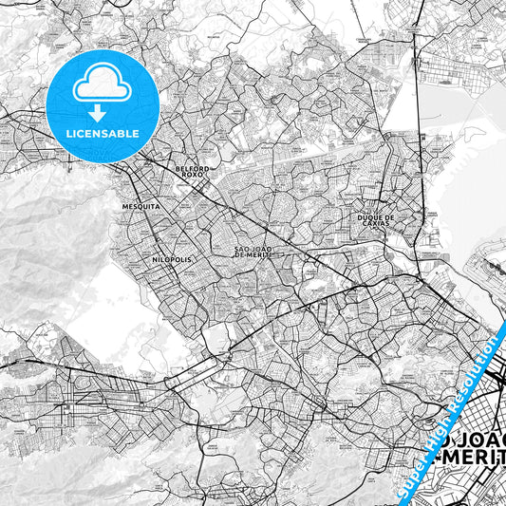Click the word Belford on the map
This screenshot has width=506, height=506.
point(192,168)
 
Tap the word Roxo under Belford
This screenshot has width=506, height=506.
point(192,176)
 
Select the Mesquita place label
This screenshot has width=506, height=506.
point(141,205)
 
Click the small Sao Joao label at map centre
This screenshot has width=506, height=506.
point(253,249)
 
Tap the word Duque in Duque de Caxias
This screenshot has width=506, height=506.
point(384,216)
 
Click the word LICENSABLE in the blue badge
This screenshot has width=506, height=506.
point(103,133)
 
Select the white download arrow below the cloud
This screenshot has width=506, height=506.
point(103,112)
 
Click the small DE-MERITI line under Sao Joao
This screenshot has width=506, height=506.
point(253,255)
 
